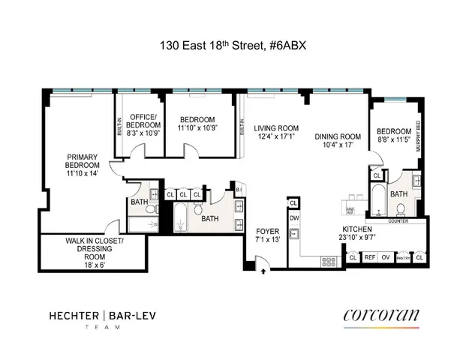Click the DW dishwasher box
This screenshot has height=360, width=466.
tap(293, 218)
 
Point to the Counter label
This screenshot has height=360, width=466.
tap(398, 221)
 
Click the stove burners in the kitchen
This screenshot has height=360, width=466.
tap(329, 259)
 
